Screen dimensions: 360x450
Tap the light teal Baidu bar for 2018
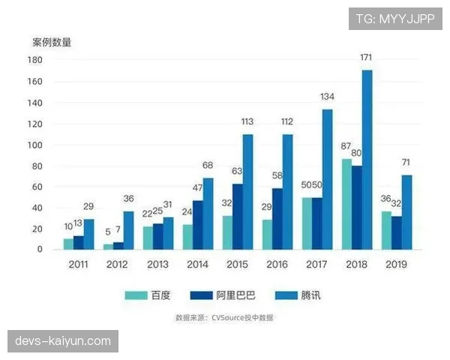(x=347, y=203)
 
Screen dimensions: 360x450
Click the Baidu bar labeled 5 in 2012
(x=108, y=246)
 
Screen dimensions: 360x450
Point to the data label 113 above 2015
(x=247, y=121)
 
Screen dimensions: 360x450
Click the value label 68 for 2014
(x=208, y=165)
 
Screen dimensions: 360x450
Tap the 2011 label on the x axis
(x=78, y=264)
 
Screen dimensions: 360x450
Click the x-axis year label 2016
(x=277, y=264)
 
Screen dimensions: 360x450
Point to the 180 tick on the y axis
(x=34, y=60)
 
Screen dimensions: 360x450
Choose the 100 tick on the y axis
(x=34, y=145)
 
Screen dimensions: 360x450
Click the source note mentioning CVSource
(x=224, y=318)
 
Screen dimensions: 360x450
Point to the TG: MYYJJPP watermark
(x=395, y=18)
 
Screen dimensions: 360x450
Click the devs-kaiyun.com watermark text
(x=63, y=341)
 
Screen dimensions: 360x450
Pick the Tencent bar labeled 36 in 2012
(x=128, y=230)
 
